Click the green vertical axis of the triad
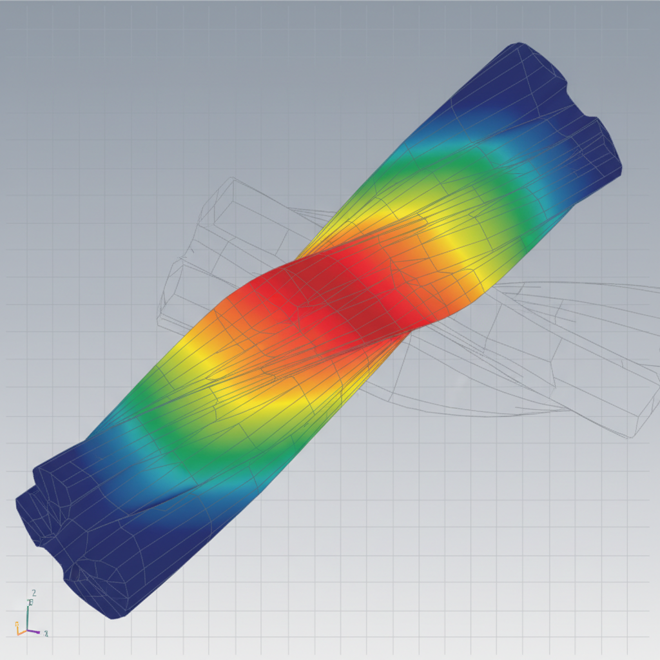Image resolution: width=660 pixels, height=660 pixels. (x=27, y=616)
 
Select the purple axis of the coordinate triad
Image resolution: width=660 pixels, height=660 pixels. (x=35, y=632)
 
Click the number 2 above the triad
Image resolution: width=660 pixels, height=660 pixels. (x=34, y=593)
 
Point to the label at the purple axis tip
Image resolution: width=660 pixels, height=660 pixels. (x=46, y=634)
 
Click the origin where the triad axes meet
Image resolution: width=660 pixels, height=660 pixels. (x=27, y=631)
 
